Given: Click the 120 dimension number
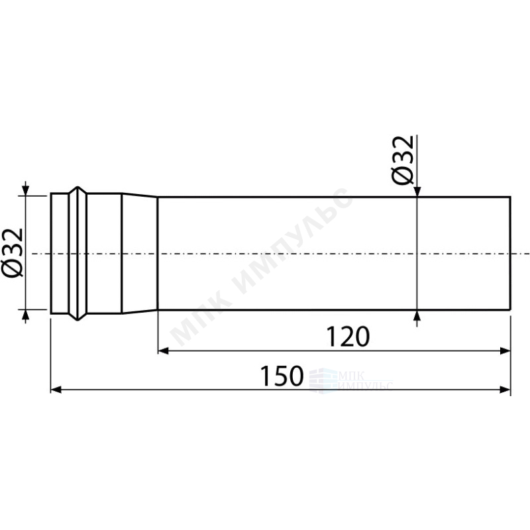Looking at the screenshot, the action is click(x=348, y=337).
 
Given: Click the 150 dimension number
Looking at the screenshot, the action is click(x=282, y=376).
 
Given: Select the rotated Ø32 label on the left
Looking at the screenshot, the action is click(x=13, y=253).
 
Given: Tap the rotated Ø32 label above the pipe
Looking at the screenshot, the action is click(x=403, y=160).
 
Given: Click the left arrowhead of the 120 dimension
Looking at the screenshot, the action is click(x=163, y=351).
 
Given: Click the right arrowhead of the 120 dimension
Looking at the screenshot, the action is click(x=505, y=351).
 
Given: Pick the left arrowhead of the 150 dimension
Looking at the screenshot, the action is click(x=56, y=390).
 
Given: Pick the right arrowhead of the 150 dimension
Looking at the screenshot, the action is click(x=505, y=390).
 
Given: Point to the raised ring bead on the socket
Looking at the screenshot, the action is click(x=78, y=254).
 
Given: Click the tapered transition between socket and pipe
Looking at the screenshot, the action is click(x=140, y=254).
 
